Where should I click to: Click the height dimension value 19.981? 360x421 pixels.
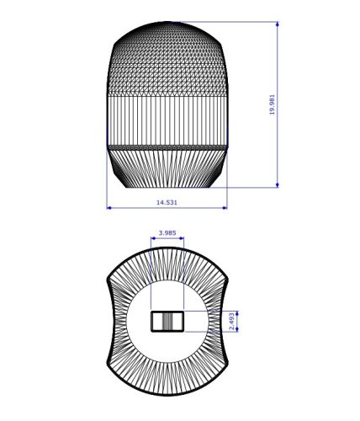pos(273,104)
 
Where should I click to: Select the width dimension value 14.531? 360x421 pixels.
pos(167,202)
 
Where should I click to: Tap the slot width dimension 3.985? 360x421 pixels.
pos(167,233)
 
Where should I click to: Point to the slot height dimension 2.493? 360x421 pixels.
pos(232,321)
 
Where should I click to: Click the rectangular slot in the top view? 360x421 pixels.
pos(167,321)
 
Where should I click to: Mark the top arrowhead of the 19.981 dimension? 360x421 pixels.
pos(278,25)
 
